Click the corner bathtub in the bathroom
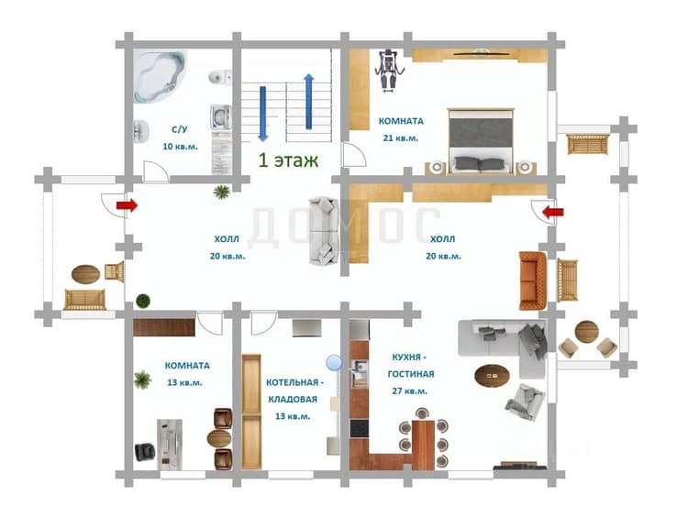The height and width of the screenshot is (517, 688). (x=160, y=75)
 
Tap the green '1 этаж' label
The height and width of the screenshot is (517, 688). (x=288, y=160)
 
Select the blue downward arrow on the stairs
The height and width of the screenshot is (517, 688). (x=263, y=114)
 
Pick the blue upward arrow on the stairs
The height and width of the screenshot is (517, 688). (x=309, y=102)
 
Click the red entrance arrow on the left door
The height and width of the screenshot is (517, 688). (x=127, y=205)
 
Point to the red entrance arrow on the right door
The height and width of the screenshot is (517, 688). (x=553, y=213)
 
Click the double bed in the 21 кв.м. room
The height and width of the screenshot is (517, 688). (x=481, y=141)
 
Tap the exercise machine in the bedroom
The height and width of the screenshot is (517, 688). (x=388, y=70)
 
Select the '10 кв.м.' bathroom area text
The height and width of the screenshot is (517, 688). (x=181, y=147)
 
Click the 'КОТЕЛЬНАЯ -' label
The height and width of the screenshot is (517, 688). (x=294, y=382)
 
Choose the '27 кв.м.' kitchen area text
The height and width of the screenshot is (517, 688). (x=410, y=390)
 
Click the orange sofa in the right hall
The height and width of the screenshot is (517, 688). (x=533, y=280)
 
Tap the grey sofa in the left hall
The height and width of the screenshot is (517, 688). (x=324, y=231)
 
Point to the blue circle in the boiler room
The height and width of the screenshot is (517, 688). (x=334, y=363)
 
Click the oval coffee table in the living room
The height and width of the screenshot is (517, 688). (x=492, y=376)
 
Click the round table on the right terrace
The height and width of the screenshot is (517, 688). (x=587, y=332)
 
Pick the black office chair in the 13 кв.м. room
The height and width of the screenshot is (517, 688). (x=145, y=452)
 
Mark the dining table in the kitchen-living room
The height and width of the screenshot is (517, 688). (x=424, y=445)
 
